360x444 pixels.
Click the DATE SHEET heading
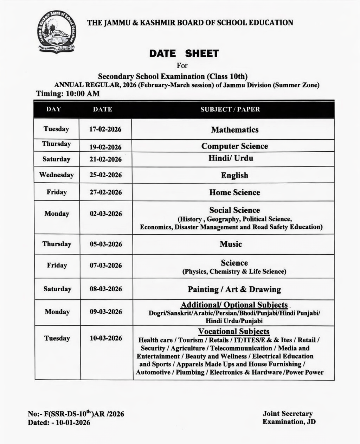coord(184,53)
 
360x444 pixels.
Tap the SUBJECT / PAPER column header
coord(230,109)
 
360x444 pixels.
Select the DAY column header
coord(53,109)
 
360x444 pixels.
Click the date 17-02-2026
coord(105,129)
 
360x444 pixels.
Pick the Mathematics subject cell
coord(234,130)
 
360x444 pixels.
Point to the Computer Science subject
coord(234,146)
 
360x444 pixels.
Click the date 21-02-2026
coord(105,159)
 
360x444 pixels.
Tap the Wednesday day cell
coord(57,175)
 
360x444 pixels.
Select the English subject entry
coord(234,175)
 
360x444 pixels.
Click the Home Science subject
coord(234,192)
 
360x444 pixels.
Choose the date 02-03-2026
coord(105,214)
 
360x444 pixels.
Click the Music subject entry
coord(231,244)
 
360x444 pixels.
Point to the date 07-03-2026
coord(105,265)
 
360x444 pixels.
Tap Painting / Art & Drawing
coord(234,290)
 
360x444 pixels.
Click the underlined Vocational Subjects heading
coord(234,331)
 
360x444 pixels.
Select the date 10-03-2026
coord(105,338)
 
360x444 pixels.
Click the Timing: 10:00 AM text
coord(68,94)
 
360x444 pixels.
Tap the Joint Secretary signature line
coord(287,414)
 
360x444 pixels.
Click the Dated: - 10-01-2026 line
coord(59,422)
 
